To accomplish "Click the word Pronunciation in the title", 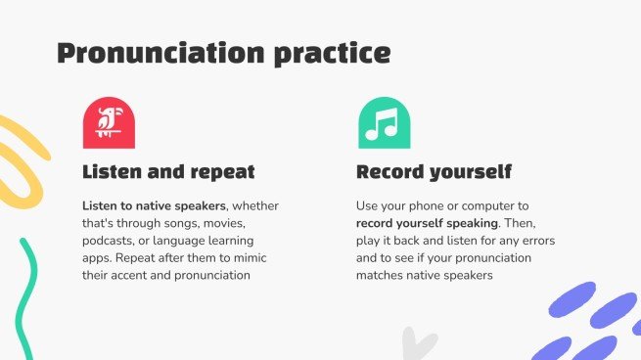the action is click(160, 53).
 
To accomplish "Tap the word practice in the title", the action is click(333, 54).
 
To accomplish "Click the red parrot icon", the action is click(109, 122).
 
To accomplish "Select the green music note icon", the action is click(385, 122).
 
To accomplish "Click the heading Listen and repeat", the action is click(168, 172).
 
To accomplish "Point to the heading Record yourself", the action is click(434, 172).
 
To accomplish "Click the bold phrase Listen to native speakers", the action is click(154, 205).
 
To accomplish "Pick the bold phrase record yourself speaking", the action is click(428, 223).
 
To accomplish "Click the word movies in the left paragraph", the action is click(224, 223).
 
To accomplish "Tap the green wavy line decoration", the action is click(25, 298).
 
